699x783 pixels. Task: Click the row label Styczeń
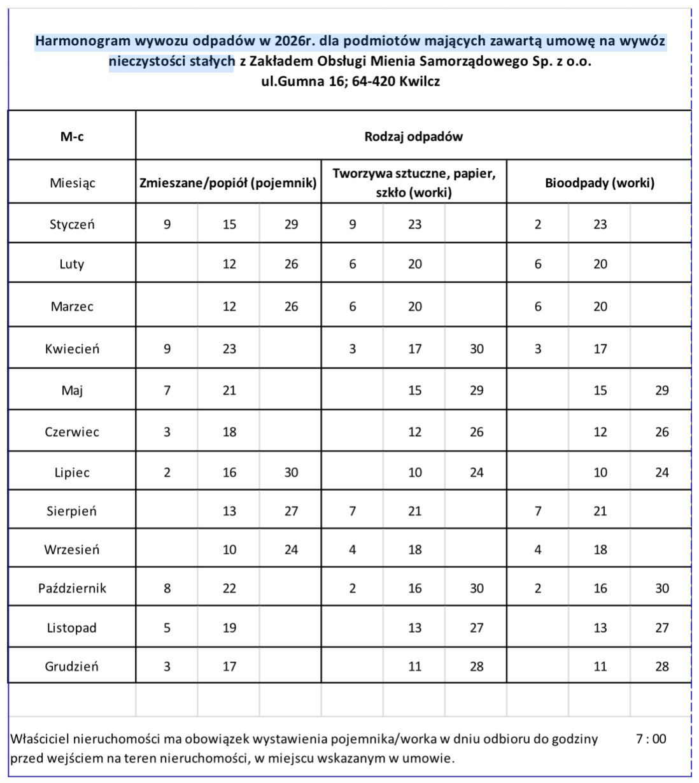(x=72, y=224)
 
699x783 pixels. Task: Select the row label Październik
(x=72, y=588)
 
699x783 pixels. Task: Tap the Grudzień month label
(x=72, y=667)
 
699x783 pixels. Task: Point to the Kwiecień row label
(x=72, y=349)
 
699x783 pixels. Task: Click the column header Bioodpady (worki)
(x=599, y=183)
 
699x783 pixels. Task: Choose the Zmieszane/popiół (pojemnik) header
(x=228, y=183)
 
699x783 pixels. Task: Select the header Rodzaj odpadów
(x=413, y=137)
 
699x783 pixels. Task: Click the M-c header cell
(x=72, y=137)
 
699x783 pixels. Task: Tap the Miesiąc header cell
(x=72, y=183)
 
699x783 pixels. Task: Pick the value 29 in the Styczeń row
(x=291, y=224)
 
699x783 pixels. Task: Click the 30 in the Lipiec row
(x=291, y=472)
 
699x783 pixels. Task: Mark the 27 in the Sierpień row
(x=291, y=511)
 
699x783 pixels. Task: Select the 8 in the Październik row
(x=167, y=588)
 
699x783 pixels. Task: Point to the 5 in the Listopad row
(x=167, y=628)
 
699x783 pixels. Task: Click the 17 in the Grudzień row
(x=229, y=667)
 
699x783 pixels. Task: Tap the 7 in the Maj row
(x=167, y=390)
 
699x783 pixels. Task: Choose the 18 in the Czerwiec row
(x=229, y=432)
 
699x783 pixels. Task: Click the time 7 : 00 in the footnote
(x=651, y=739)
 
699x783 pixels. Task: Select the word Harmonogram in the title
(x=82, y=41)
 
